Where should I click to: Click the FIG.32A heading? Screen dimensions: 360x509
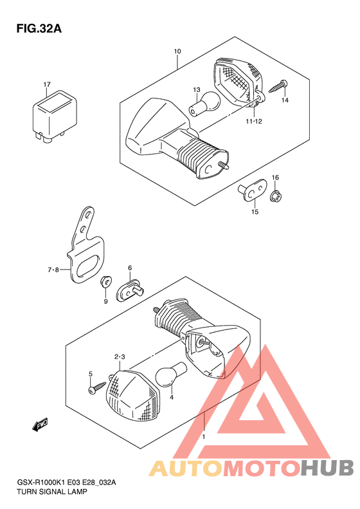tap(39, 28)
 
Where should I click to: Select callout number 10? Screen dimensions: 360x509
tap(177, 51)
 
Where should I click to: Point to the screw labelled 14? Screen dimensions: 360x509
tap(278, 86)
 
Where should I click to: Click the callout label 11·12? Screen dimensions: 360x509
tap(254, 122)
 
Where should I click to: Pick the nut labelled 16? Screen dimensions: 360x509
tap(275, 196)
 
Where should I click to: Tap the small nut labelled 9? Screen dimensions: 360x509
tap(105, 281)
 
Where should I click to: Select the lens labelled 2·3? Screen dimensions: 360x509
tap(133, 396)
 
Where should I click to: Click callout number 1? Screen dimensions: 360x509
tap(204, 437)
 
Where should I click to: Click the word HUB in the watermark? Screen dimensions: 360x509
tap(327, 467)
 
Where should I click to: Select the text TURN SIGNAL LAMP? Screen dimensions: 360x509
tap(52, 492)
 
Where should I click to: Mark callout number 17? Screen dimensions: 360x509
tap(47, 84)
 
